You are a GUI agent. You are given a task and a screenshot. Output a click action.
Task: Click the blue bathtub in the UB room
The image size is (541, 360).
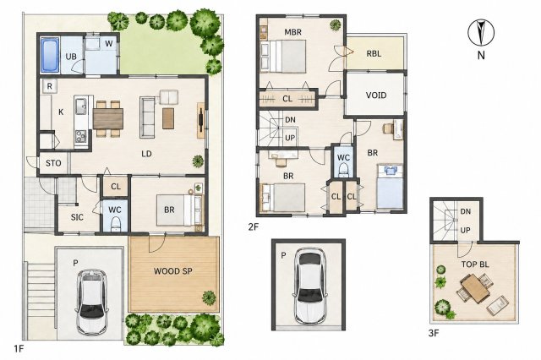pos(50,56)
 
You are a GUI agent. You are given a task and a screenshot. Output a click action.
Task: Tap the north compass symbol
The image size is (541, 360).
pos(481,34)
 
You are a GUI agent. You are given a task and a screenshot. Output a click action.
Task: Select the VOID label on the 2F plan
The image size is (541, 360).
pos(375,95)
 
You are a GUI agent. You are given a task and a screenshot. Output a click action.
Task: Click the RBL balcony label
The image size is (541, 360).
pos(374,54)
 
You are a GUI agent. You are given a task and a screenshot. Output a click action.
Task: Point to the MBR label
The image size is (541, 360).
pos(293,32)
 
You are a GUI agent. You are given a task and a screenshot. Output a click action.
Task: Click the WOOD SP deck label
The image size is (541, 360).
pos(172,271)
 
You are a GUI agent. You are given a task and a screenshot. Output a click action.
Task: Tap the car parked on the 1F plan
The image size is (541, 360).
pos(92,302)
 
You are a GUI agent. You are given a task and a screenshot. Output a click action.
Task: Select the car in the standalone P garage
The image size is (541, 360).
pos(309,285)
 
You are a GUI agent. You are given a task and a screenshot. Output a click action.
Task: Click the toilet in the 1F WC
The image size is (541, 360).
pos(115,224)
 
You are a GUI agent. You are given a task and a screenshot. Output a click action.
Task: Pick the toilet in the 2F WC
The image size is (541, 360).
pos(343,170)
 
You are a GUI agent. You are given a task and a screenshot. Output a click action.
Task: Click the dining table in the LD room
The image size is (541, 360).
pos(108,118)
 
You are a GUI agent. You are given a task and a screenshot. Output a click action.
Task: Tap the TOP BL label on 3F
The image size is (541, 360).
pos(475,265)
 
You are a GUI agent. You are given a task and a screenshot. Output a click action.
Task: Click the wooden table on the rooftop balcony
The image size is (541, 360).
pos(475,289)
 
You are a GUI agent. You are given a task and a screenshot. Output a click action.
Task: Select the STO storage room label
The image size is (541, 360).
pos(53,163)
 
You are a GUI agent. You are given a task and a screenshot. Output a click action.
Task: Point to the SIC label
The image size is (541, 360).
pos(77,217)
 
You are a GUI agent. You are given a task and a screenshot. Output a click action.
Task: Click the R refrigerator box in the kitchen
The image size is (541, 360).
pos(49,86)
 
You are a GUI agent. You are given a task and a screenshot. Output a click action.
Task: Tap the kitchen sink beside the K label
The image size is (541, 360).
pos(81,106)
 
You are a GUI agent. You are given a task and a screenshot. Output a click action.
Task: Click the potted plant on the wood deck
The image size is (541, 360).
pos(209,297)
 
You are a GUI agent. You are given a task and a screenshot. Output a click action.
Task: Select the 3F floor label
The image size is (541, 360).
pos(434,333)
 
